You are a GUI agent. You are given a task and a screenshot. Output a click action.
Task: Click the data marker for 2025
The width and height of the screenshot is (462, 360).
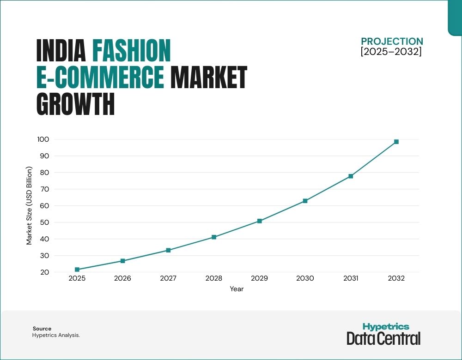[x=77, y=270]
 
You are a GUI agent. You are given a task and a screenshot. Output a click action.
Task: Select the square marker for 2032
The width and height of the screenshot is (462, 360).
[x=396, y=142]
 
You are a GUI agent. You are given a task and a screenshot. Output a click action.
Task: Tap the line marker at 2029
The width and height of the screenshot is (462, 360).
[x=260, y=221]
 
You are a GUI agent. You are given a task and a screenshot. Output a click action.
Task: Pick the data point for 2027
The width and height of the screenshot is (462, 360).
[x=168, y=250]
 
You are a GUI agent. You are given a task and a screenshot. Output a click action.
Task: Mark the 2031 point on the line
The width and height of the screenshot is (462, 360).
[x=351, y=176]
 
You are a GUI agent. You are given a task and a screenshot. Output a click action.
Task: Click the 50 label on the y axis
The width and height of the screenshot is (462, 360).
[x=45, y=222]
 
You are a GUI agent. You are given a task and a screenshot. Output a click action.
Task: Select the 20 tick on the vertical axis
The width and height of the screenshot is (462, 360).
[x=45, y=272]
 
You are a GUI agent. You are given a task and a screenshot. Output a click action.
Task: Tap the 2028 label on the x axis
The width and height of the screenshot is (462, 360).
[x=214, y=279]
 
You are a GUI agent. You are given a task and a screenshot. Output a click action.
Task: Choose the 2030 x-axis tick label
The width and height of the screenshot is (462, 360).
[x=305, y=279]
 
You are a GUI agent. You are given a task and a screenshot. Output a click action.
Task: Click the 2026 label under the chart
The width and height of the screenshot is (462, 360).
[x=122, y=279]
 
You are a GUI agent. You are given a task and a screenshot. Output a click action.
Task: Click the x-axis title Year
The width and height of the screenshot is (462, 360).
[x=237, y=289]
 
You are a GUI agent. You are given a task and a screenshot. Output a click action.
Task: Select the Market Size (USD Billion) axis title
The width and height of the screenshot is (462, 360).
[x=29, y=206]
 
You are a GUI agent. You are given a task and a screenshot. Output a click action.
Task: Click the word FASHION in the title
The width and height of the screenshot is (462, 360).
[x=132, y=51]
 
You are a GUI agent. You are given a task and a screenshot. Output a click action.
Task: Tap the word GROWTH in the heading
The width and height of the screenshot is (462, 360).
[x=75, y=104]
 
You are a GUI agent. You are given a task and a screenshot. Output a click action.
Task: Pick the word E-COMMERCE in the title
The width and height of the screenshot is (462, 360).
[x=100, y=78]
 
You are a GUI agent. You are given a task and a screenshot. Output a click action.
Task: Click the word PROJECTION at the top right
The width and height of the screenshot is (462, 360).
[x=392, y=42]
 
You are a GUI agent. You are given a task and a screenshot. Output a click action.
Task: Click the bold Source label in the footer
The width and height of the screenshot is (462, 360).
[x=42, y=329]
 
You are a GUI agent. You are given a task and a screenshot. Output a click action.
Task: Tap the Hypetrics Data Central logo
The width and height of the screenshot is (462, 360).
[x=383, y=334]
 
